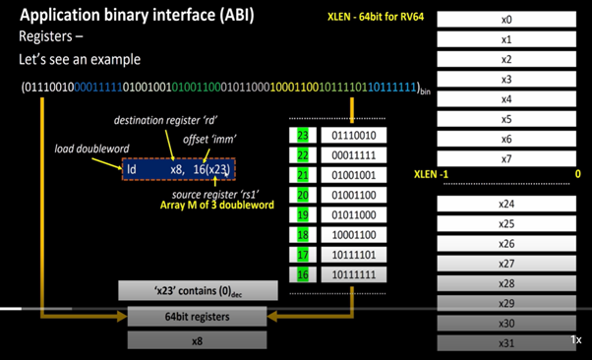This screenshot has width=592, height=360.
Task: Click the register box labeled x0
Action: (506, 20)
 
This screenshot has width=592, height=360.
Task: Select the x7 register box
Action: (506, 159)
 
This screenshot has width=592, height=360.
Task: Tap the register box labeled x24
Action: (506, 204)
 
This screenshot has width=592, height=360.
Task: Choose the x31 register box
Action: (506, 342)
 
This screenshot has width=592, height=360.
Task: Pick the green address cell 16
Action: (303, 274)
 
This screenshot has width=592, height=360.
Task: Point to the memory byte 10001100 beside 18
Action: (351, 236)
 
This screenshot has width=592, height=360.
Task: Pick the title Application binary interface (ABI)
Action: (140, 15)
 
